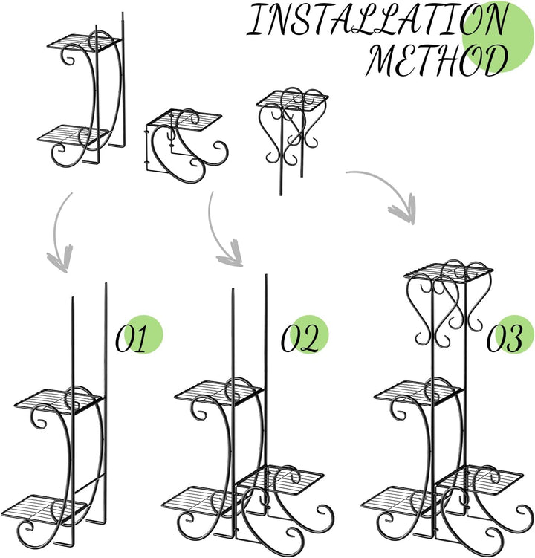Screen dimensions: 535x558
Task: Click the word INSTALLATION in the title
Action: (377, 20)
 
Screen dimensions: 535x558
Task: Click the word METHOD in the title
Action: (437, 59)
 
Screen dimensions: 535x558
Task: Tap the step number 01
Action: (131, 338)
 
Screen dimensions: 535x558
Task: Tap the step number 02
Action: (299, 338)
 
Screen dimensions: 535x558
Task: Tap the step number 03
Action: (505, 338)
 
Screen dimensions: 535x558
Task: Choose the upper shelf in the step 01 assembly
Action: (59, 400)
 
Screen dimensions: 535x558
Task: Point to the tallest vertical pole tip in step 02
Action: (266, 275)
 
